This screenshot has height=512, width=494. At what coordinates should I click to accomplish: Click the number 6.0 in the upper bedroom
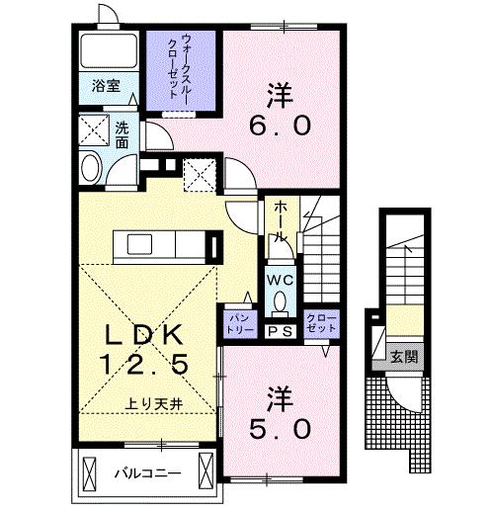coord(280,127)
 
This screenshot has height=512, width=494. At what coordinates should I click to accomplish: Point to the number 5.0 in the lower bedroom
coord(280,427)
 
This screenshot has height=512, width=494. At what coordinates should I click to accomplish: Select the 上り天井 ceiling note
coord(152,403)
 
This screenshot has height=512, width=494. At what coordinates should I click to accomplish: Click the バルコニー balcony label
coord(145,472)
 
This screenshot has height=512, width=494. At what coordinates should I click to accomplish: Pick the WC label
coord(280,279)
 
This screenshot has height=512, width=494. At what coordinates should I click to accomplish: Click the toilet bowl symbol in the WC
coord(280,301)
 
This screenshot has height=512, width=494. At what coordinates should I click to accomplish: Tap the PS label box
coord(281,332)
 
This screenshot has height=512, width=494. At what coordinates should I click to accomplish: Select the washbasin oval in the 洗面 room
coord(91,166)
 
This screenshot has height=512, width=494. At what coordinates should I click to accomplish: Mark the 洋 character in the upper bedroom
coord(280,95)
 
